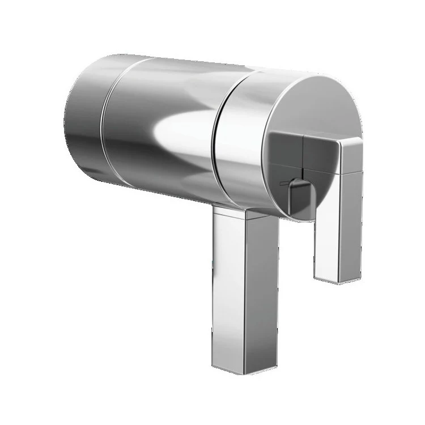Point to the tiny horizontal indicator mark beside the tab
click(283, 183)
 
